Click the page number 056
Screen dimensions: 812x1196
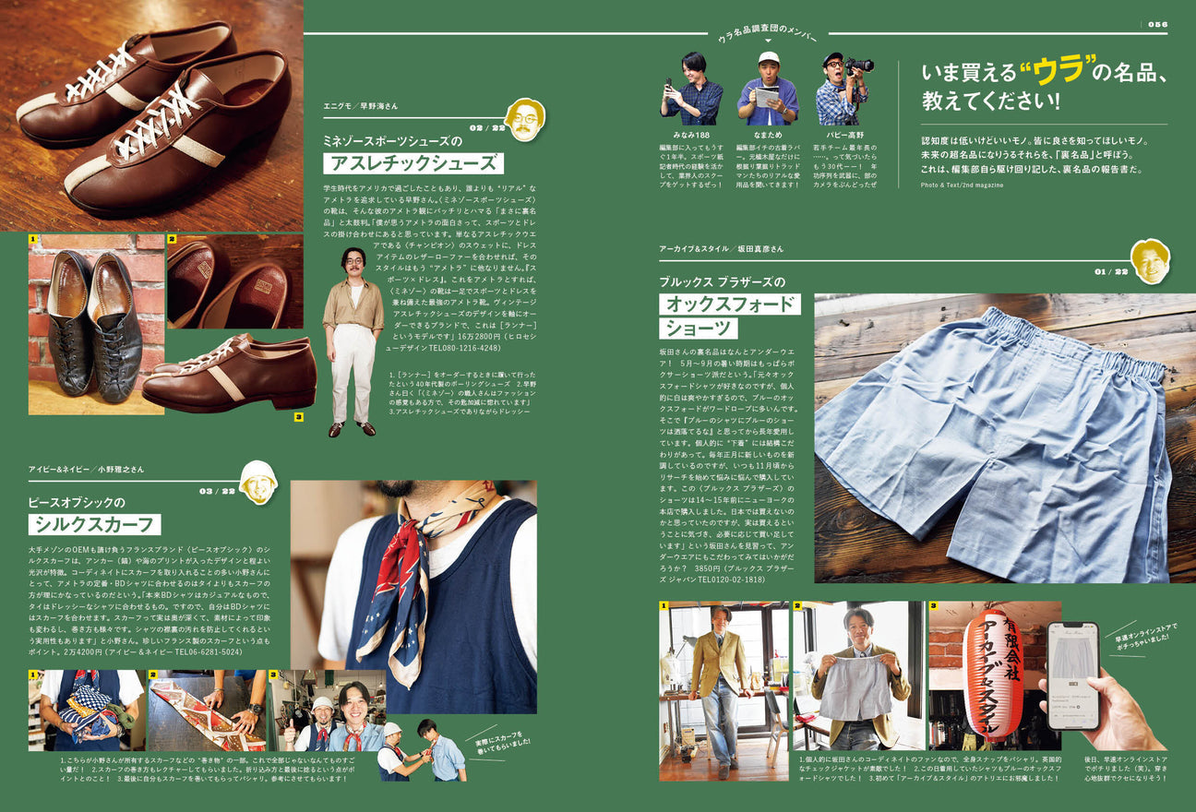(1157, 24)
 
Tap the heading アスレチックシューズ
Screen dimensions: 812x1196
(413, 163)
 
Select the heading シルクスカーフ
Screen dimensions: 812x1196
(94, 525)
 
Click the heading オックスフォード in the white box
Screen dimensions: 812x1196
(729, 304)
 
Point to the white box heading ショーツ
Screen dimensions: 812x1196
(698, 328)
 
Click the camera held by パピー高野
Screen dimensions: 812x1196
(858, 66)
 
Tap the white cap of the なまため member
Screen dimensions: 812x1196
(768, 57)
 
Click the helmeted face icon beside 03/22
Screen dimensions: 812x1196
(258, 482)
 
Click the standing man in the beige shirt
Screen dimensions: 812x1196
(353, 341)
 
